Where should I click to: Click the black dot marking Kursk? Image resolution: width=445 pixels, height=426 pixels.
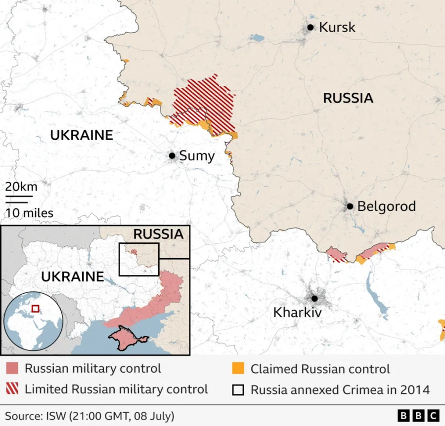coord(310,28)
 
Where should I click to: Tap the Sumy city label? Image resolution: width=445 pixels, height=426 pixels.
coord(196,156)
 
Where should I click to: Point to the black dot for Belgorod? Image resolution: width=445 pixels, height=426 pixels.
coord(350,206)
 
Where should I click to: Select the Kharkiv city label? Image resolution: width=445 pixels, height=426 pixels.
coord(297,312)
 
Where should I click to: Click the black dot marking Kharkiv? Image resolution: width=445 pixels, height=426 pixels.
coord(314,298)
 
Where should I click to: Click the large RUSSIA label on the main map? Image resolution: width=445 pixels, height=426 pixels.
coord(348,98)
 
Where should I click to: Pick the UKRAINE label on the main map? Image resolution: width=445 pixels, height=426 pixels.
coord(82,135)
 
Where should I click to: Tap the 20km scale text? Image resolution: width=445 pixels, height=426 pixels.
coord(21,187)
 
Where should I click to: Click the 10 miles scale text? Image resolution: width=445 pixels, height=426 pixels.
coord(29,213)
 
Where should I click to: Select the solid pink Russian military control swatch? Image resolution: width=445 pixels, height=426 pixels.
coord(12,369)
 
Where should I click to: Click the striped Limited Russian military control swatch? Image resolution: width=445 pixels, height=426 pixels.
coord(12,389)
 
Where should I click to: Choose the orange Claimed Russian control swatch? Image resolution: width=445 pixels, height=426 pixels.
coord(238,369)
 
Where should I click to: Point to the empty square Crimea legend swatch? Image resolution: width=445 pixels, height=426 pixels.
coord(238,389)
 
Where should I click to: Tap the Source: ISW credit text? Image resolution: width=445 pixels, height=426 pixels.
coord(89,416)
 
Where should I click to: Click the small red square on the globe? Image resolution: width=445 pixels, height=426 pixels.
coord(35,309)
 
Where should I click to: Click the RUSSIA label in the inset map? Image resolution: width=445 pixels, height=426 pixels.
coord(158,234)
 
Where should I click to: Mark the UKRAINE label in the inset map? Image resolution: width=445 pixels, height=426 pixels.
coord(72,277)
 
